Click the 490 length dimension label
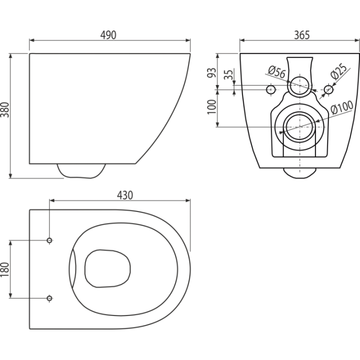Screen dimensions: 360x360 pyautogui.click(x=108, y=35)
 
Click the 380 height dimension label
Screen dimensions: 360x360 pyautogui.click(x=5, y=109)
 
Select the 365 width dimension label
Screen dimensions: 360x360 pyautogui.click(x=302, y=35)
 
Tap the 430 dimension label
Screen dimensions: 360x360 pyautogui.click(x=125, y=195)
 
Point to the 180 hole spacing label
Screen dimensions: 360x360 pyautogui.click(x=5, y=269)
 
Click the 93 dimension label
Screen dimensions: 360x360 pyautogui.click(x=211, y=72)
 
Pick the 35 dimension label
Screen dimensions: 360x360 pyautogui.click(x=228, y=74)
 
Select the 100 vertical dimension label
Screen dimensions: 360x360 pyautogui.click(x=211, y=106)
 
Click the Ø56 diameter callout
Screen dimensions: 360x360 pyautogui.click(x=277, y=72)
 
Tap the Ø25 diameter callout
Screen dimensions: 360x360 pyautogui.click(x=338, y=71)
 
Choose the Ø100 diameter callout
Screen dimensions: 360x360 pyautogui.click(x=342, y=107)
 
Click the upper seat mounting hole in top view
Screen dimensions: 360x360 pyautogui.click(x=49, y=240)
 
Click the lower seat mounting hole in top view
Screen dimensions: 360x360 pyautogui.click(x=49, y=298)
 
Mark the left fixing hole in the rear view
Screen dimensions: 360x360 pyautogui.click(x=271, y=89)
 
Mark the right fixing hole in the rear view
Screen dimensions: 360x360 pyautogui.click(x=329, y=89)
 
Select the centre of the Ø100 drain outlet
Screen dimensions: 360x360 pyautogui.click(x=300, y=127)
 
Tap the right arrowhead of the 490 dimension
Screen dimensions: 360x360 pyautogui.click(x=188, y=40)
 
